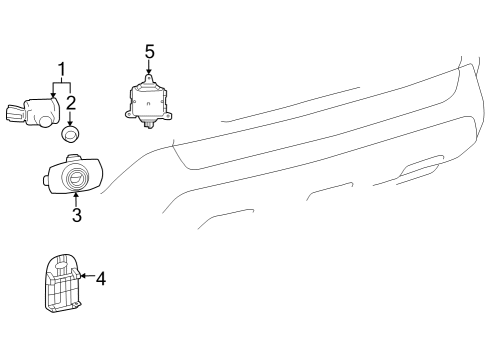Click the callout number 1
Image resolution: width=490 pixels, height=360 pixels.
point(62,69)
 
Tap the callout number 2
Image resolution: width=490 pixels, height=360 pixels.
point(72,102)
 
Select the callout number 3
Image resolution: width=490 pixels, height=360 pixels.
point(76,214)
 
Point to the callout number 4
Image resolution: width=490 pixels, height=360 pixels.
point(100,279)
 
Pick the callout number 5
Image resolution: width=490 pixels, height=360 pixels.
point(149,50)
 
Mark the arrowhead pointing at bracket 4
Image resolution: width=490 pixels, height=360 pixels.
point(81,275)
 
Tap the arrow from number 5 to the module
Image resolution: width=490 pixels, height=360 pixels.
point(149,68)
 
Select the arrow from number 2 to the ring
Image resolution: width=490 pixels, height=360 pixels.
point(71,117)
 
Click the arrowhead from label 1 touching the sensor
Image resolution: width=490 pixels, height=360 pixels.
point(53,93)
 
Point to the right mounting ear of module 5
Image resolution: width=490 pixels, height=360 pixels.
point(171,114)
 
